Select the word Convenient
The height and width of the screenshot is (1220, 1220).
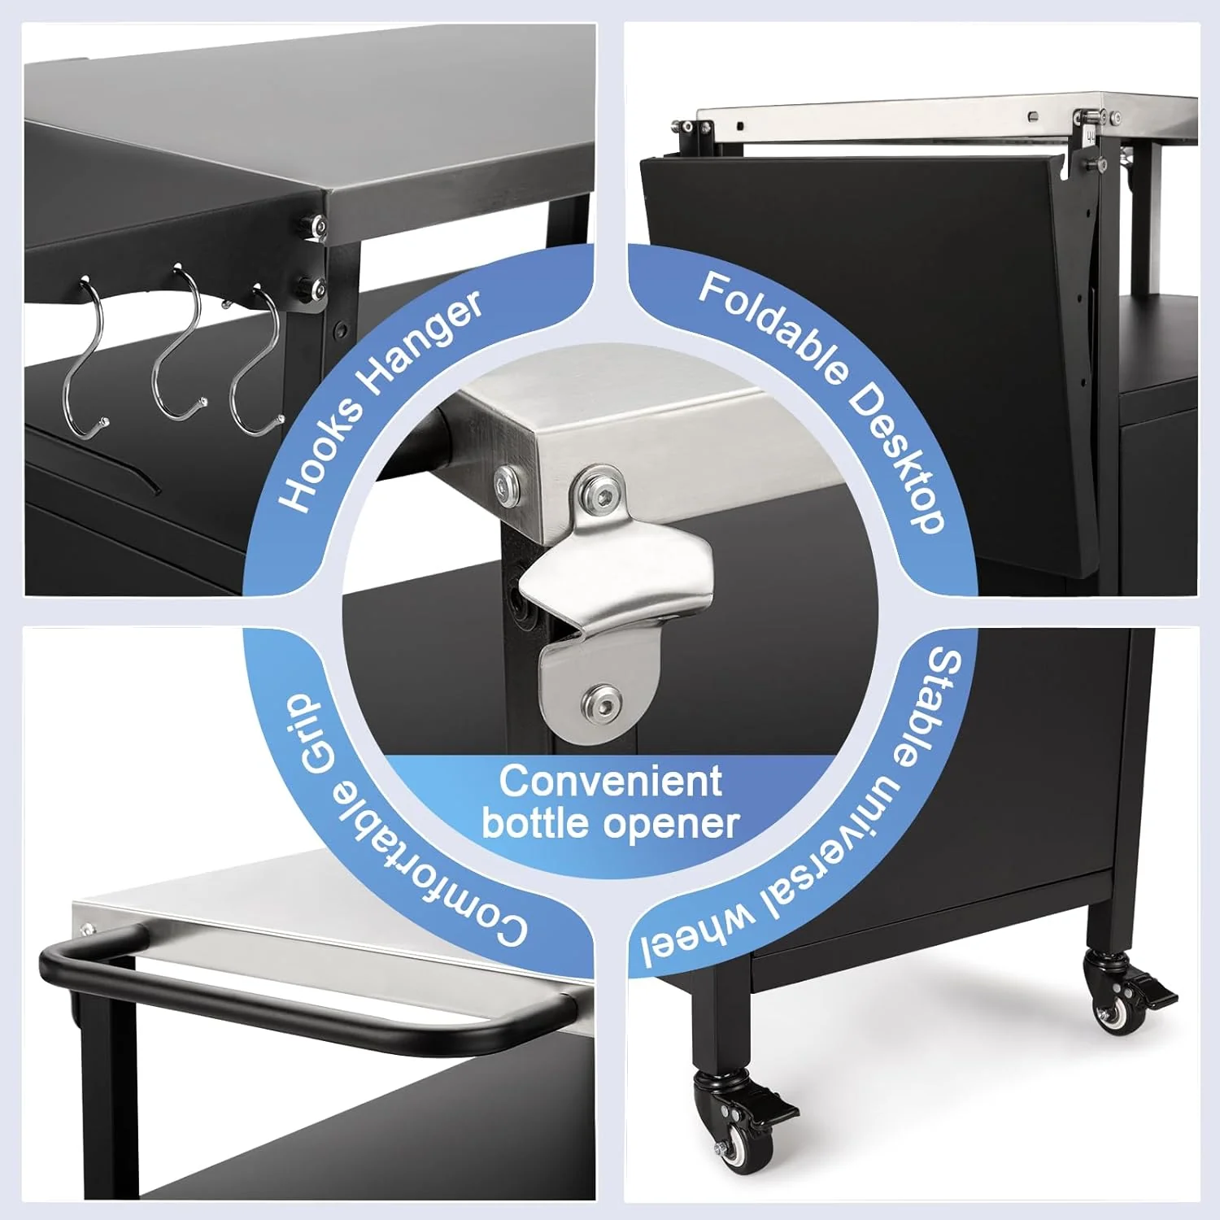point(610,781)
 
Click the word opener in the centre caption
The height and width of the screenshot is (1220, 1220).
point(673,826)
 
